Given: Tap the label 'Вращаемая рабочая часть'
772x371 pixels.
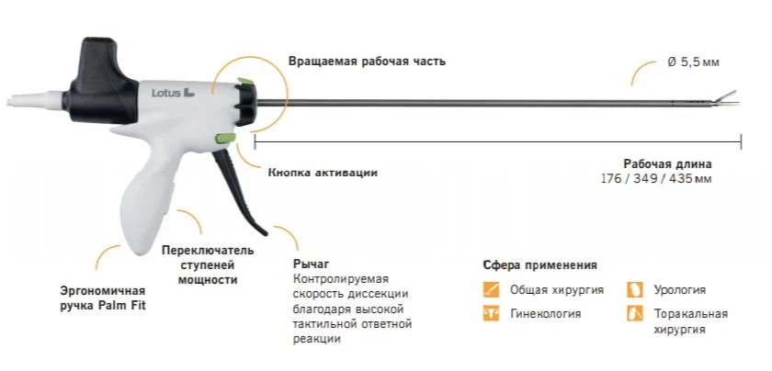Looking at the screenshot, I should coord(367,62).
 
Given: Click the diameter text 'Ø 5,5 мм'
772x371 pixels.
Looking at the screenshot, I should coord(693,61).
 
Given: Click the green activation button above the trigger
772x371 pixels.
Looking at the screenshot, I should coord(221,140).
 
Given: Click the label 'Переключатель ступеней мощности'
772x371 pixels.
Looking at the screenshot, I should coord(208,264).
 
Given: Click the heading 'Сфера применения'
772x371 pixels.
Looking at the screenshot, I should coord(539,264).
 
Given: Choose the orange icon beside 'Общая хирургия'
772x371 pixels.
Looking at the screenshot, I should coord(491,289).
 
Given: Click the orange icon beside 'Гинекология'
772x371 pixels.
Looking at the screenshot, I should coord(491,314).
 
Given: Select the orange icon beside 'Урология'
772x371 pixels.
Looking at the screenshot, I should coord(635,289).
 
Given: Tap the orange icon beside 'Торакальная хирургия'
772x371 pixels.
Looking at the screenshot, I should coord(635,314).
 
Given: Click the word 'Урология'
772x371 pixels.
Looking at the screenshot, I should coord(680,289).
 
